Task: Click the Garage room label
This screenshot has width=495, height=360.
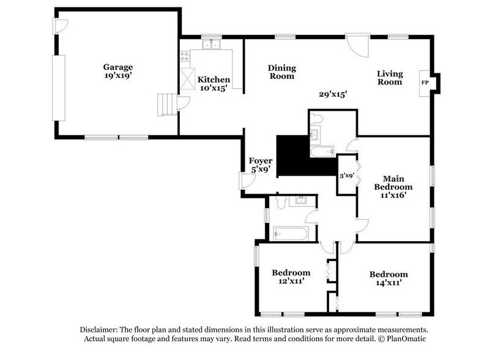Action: (x=117, y=72)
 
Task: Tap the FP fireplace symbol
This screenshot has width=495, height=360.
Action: (x=424, y=81)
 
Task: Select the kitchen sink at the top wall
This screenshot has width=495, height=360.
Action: (x=212, y=45)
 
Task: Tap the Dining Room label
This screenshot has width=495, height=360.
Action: (x=281, y=72)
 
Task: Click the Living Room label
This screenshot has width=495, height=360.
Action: (x=389, y=77)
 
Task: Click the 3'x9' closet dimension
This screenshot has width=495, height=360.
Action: (x=347, y=176)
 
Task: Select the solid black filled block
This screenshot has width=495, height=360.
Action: (x=292, y=157)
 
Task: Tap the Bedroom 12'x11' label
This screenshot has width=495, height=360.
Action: (x=291, y=277)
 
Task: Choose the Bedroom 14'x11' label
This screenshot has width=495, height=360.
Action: (x=389, y=279)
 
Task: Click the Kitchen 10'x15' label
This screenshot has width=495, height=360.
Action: (x=213, y=84)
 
